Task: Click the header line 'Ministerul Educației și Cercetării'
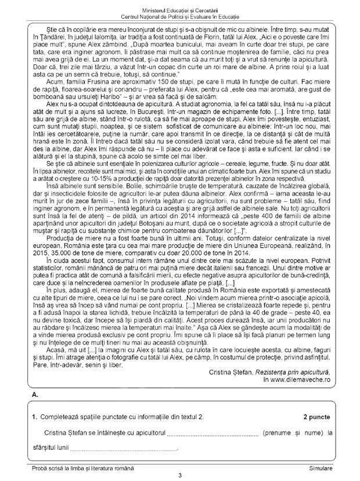click(180, 6)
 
